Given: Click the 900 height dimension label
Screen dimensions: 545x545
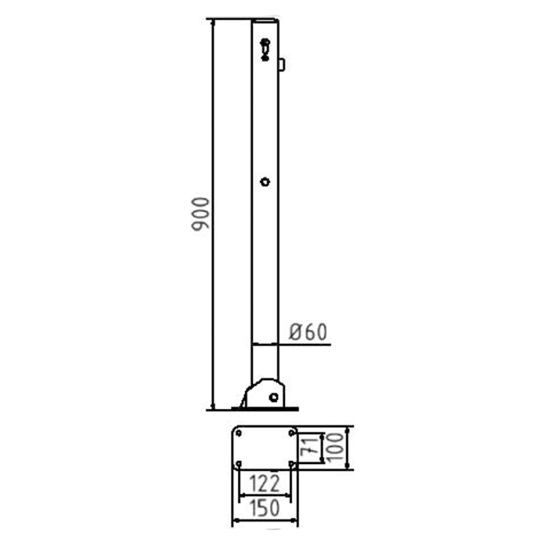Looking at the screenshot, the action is (200, 214).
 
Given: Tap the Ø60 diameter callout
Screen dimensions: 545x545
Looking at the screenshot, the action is (308, 332).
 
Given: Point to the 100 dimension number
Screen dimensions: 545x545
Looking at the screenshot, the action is (334, 447).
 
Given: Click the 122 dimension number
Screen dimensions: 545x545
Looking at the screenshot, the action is (264, 484).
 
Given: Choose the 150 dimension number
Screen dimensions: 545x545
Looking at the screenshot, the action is (264, 508).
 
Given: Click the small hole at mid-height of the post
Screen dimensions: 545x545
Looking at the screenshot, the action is (265, 182).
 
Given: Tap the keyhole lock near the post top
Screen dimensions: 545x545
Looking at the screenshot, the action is (265, 50).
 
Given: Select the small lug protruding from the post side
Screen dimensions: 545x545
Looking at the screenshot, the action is (282, 65).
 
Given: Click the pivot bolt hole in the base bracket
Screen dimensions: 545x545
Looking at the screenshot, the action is (274, 397).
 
